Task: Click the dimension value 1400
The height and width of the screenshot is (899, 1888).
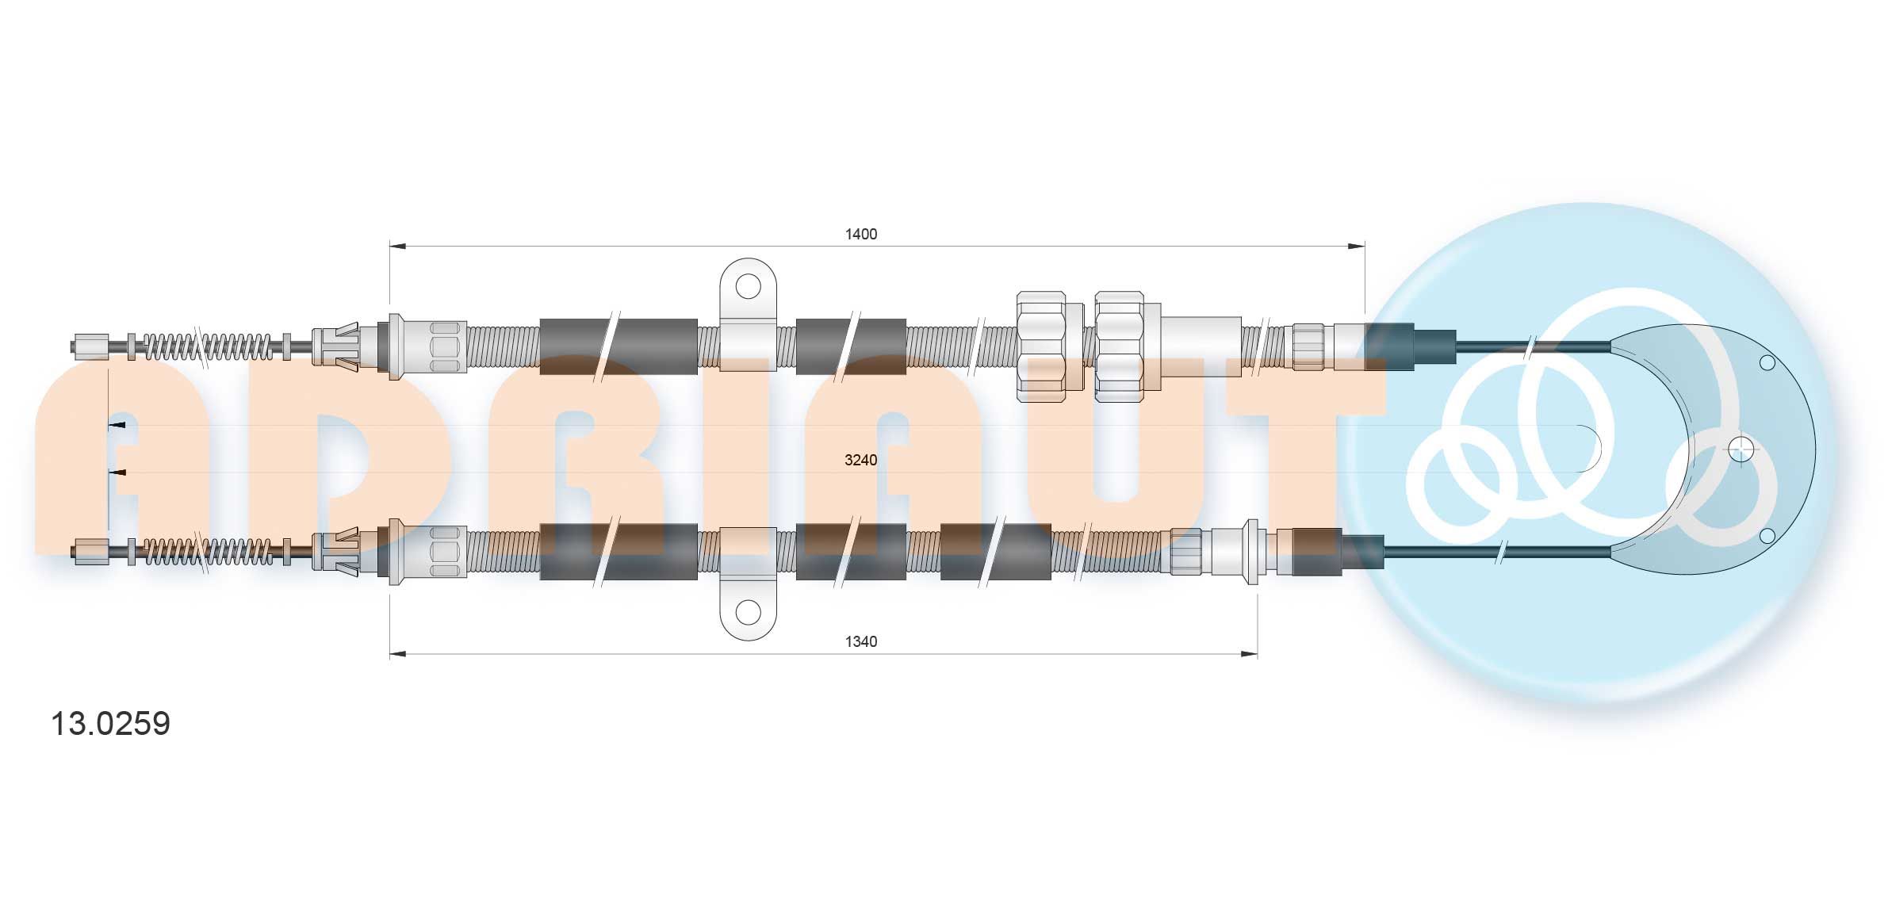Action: (860, 234)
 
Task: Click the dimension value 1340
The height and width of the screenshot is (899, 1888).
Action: (860, 641)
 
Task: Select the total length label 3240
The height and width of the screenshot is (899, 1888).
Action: (860, 460)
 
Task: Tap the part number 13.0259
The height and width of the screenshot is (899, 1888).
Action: (110, 723)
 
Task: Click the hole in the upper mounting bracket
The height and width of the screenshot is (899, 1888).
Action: (748, 286)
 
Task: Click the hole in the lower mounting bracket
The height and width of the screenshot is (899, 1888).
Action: (748, 611)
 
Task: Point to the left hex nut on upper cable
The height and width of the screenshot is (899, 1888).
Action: (1041, 347)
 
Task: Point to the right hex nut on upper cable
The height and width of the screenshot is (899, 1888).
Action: (1119, 347)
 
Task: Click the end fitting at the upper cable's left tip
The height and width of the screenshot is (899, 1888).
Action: (90, 347)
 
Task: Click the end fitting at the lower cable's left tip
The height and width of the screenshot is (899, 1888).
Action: (90, 551)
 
